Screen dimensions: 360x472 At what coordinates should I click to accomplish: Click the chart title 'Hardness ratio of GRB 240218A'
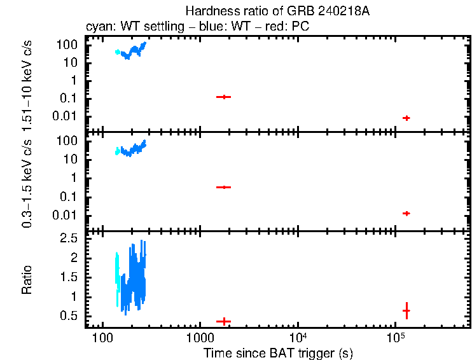click(x=277, y=11)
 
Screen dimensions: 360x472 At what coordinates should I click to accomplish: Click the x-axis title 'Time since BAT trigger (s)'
click(x=278, y=352)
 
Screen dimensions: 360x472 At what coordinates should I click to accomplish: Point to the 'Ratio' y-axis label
click(x=28, y=280)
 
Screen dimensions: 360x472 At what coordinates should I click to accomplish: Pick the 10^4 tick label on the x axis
click(x=298, y=336)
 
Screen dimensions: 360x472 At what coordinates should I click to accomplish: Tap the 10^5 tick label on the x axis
click(x=396, y=336)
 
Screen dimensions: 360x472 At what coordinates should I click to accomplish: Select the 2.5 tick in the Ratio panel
click(x=70, y=238)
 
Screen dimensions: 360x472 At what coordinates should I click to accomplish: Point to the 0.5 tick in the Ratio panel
click(x=70, y=316)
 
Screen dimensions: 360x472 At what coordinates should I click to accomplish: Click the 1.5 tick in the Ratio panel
click(x=70, y=277)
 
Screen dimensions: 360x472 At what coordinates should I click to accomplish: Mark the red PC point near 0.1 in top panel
click(x=223, y=97)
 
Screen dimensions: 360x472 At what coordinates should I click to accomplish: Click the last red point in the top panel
click(x=406, y=118)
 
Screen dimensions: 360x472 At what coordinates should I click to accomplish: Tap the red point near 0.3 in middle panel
click(x=223, y=187)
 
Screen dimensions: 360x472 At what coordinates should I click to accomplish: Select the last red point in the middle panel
click(x=406, y=213)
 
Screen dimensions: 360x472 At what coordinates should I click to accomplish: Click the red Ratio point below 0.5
click(x=223, y=321)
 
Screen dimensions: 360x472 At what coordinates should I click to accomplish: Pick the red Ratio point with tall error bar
click(x=406, y=310)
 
